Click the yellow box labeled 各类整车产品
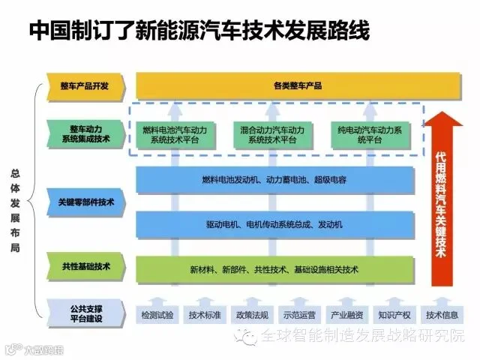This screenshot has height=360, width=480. coord(298,85)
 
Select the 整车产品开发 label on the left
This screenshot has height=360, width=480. coord(85,86)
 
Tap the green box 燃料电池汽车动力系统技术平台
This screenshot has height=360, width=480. coord(175,135)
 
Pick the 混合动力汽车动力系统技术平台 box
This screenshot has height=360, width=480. coord(272,135)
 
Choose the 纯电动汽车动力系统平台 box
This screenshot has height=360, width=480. coord(370,135)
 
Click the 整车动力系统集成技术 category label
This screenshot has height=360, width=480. coord(85,134)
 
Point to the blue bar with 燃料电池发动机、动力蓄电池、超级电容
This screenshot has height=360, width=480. coord(275,180)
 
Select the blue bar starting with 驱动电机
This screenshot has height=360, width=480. coord(275,225)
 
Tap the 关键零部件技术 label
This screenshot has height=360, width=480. coord(85,202)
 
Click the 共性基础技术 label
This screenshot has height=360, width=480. coord(85,266)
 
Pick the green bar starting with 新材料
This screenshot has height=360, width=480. coord(275,270)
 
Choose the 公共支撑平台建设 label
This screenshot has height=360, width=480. coord(85,313)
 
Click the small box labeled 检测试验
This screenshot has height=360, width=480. coord(157,315)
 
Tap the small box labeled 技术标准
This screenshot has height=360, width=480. coord(205,315)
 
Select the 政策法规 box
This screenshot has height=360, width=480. coord(252,315)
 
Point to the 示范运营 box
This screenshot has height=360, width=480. coord(299,315)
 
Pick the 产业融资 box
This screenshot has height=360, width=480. coord(346,315)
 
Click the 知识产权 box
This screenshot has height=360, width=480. coord(394,315)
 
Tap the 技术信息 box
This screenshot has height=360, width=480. coord(442,315)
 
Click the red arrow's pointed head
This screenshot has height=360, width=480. coord(442,112)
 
